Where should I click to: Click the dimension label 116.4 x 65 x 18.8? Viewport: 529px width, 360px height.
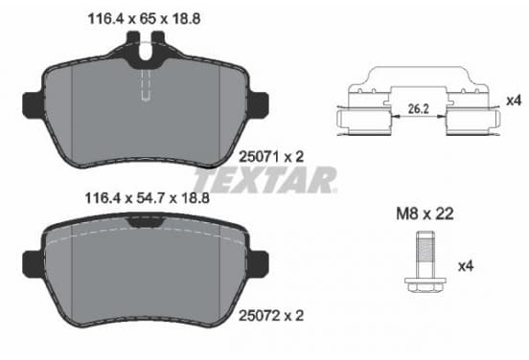pyautogui.click(x=144, y=18)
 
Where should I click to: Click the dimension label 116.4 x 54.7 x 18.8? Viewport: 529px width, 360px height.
pyautogui.click(x=147, y=198)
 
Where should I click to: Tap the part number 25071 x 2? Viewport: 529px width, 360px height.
pyautogui.click(x=271, y=157)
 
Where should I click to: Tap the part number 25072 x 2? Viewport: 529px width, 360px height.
pyautogui.click(x=271, y=316)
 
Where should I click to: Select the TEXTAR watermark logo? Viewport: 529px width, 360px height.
pyautogui.click(x=264, y=180)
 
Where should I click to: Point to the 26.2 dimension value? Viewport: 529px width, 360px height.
pyautogui.click(x=419, y=109)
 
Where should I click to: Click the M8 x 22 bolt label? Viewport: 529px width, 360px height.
pyautogui.click(x=425, y=214)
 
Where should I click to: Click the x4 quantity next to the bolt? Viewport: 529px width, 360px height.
pyautogui.click(x=466, y=266)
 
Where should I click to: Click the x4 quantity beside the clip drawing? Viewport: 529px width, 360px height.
pyautogui.click(x=514, y=101)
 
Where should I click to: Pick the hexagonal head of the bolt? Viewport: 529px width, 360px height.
pyautogui.click(x=425, y=285)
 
